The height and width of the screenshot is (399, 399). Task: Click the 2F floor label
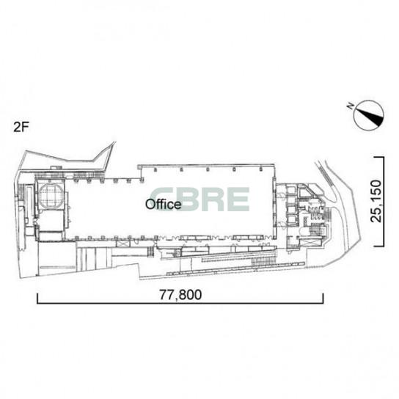pos(20,127)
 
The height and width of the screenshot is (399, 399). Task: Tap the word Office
pos(164,205)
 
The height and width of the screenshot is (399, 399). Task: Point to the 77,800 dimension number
pos(180,295)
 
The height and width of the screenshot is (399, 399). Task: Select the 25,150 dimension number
pos(376,201)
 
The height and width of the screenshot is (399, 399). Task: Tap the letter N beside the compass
pos(351,106)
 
